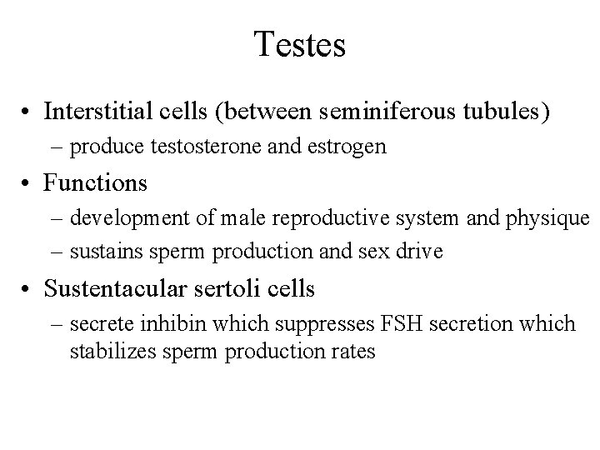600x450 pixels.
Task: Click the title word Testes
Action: [300, 45]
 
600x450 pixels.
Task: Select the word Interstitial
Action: [96, 112]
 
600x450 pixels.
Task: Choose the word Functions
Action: [96, 182]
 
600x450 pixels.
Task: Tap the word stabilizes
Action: [111, 351]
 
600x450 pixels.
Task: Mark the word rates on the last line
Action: [354, 351]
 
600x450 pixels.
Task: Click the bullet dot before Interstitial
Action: [27, 112]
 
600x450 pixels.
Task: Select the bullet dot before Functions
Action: [27, 182]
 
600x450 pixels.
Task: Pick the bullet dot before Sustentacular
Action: [27, 290]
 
